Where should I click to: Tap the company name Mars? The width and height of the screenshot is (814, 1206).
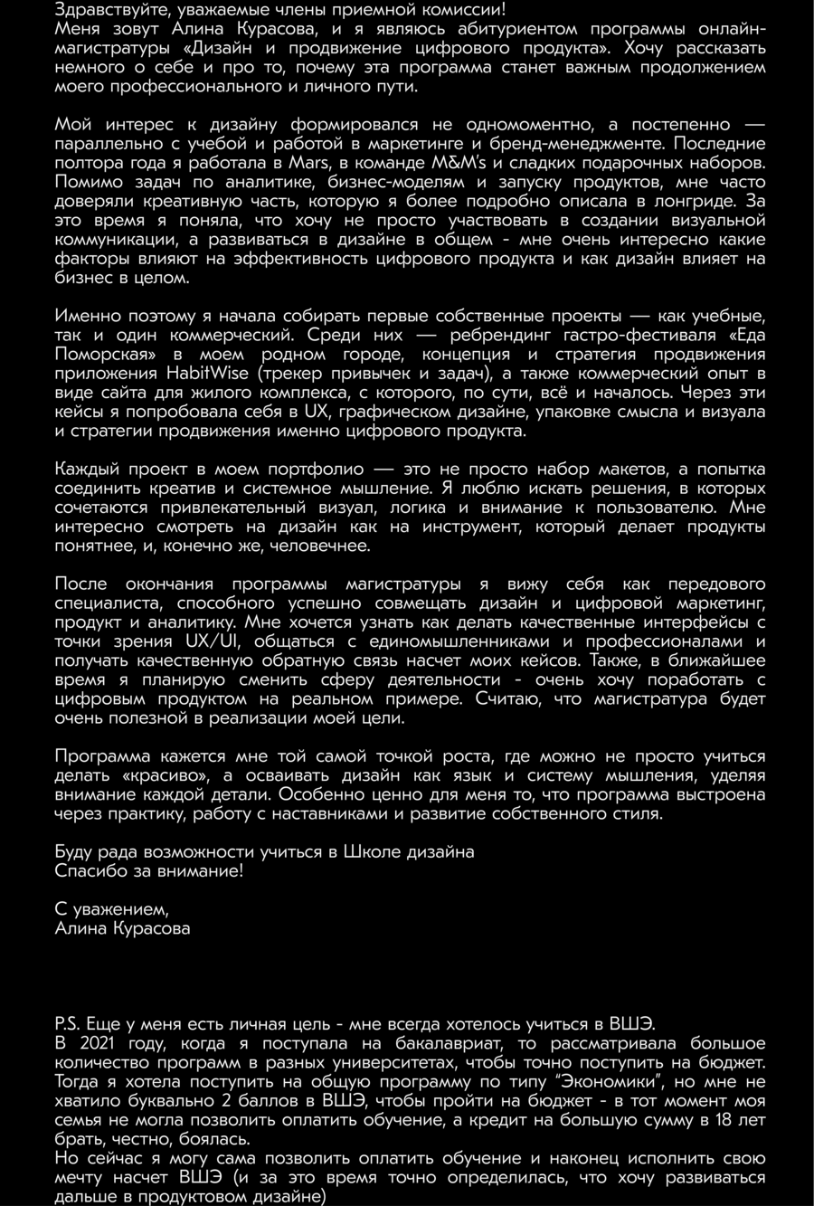click(309, 164)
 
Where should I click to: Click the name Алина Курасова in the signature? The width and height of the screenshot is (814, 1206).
click(122, 928)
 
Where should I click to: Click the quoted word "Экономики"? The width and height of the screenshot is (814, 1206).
click(611, 1082)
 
